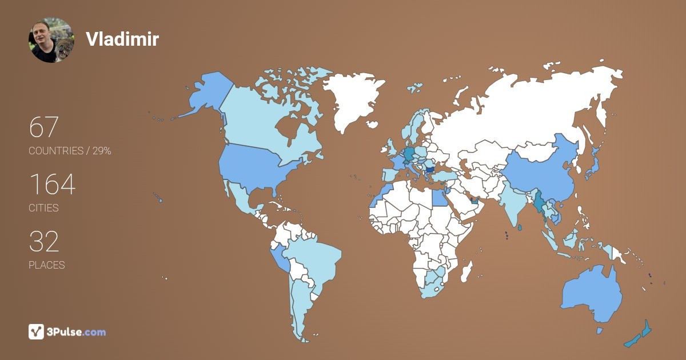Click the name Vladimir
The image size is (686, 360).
[x=122, y=39]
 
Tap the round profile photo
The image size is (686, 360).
[x=51, y=40]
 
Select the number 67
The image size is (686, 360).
[x=44, y=127]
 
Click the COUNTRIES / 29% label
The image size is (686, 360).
[x=70, y=151]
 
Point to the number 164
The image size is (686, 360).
[x=52, y=185]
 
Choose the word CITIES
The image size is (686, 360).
[x=44, y=208]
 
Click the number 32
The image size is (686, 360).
[x=44, y=242]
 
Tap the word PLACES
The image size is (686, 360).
[x=47, y=265]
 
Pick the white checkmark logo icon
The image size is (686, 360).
[x=36, y=331]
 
